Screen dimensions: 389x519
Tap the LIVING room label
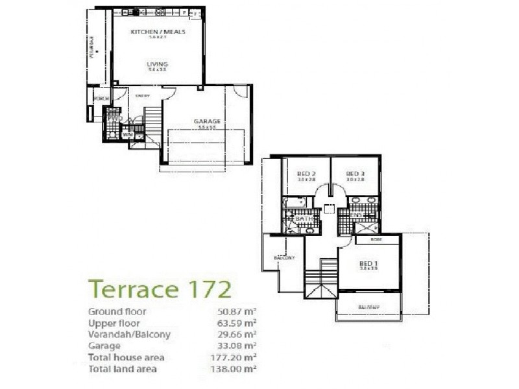pyautogui.click(x=157, y=64)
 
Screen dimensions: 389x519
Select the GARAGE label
pyautogui.click(x=207, y=121)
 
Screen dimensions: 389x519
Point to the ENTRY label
pyautogui.click(x=143, y=97)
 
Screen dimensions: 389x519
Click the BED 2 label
pyautogui.click(x=306, y=174)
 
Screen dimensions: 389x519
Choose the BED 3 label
pyautogui.click(x=355, y=174)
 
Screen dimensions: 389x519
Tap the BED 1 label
pyautogui.click(x=368, y=263)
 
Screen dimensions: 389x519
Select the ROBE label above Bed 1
pyautogui.click(x=376, y=239)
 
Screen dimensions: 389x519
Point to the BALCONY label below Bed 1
pyautogui.click(x=368, y=307)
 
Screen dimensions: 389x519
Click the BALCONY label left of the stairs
pyautogui.click(x=284, y=258)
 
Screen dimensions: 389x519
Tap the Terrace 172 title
pyautogui.click(x=160, y=288)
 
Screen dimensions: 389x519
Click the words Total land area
pyautogui.click(x=122, y=369)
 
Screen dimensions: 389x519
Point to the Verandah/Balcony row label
pyautogui.click(x=129, y=335)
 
